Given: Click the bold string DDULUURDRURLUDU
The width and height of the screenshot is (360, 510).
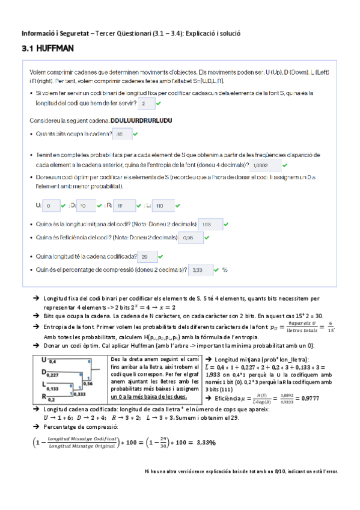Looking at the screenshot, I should pyautogui.click(x=142, y=120).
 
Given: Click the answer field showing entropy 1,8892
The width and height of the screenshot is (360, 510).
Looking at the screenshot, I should pyautogui.click(x=264, y=165).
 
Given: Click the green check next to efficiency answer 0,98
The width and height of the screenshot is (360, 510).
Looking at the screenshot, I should pyautogui.click(x=205, y=238).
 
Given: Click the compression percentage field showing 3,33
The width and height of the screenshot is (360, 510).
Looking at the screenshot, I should pyautogui.click(x=199, y=271).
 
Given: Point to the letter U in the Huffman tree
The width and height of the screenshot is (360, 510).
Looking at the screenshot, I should pyautogui.click(x=44, y=360).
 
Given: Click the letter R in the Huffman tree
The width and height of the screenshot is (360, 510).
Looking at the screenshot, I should pyautogui.click(x=44, y=396).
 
